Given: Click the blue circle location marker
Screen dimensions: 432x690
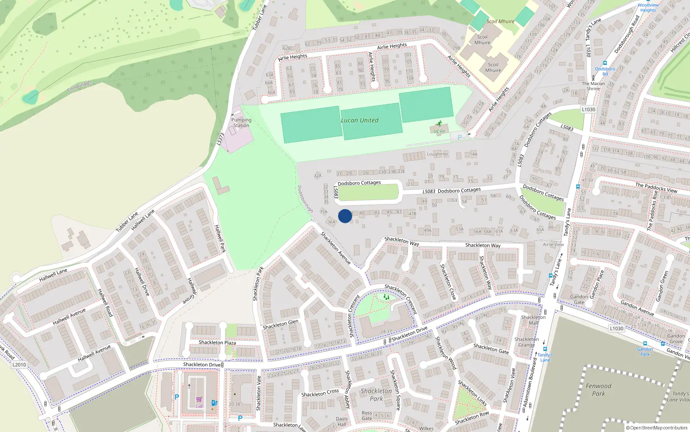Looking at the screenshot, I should [x=345, y=216].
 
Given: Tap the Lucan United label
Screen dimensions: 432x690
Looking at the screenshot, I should [x=360, y=121].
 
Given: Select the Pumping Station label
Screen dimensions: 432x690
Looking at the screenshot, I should [x=241, y=123].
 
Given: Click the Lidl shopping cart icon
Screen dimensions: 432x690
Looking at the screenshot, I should [x=199, y=400].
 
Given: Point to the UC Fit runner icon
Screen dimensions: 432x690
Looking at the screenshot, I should [x=439, y=124].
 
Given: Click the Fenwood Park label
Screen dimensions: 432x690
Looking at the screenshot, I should [x=598, y=390].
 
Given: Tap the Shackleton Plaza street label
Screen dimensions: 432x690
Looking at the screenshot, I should [x=217, y=343].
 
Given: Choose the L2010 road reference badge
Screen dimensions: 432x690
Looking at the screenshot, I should [x=19, y=365].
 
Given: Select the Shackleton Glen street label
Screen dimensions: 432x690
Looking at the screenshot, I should [x=280, y=325].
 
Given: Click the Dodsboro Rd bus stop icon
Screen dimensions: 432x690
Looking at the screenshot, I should [x=605, y=63].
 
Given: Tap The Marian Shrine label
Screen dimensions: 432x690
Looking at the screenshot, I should [x=593, y=86].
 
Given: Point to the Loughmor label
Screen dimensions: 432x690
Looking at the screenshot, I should [x=437, y=154].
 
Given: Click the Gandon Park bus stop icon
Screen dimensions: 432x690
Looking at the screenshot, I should [x=645, y=344].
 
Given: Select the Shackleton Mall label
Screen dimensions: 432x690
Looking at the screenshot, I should [x=533, y=320].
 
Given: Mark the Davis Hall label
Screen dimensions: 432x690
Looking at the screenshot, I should [x=342, y=421].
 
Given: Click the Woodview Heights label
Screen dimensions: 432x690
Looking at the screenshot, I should [x=648, y=8].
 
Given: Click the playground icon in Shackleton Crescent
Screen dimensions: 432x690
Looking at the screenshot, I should [x=386, y=297].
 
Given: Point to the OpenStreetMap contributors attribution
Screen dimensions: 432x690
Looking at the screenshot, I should [x=657, y=428].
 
